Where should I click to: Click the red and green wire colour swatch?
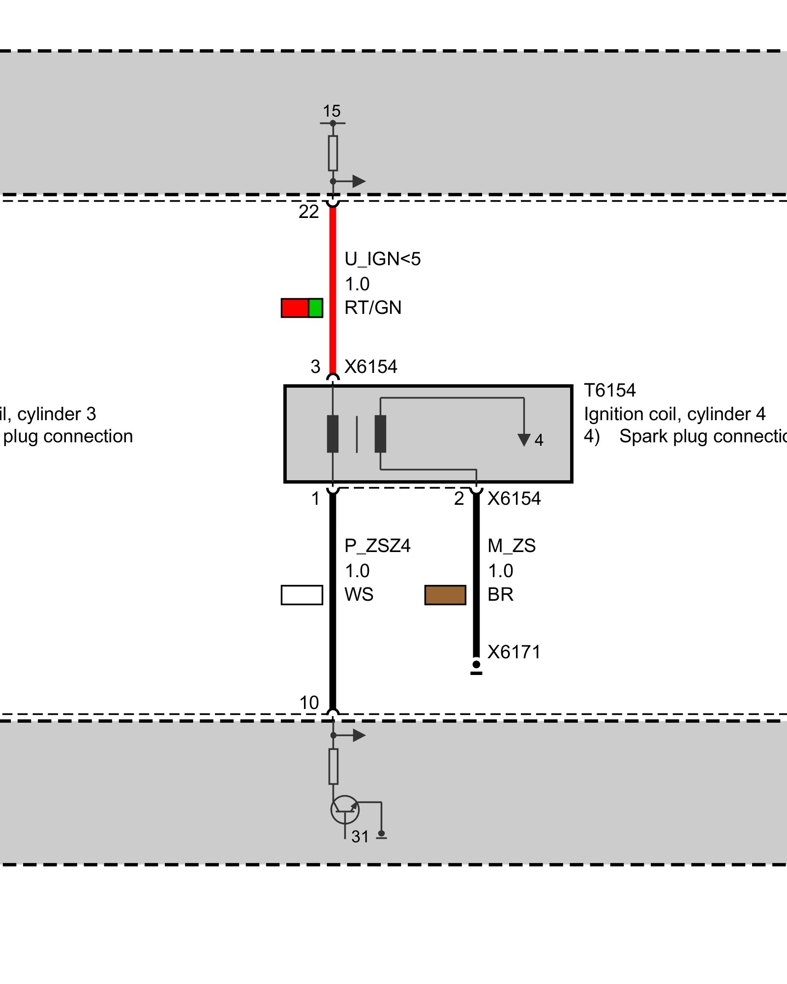302,308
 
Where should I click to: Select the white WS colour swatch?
302,595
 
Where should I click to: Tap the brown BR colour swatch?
445,595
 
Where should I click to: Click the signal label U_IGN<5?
383,259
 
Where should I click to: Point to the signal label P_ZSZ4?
377,546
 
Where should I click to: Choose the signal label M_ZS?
512,546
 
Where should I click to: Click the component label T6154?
610,391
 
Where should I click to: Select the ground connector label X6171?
514,652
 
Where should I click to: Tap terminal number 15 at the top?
332,111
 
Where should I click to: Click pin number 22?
309,212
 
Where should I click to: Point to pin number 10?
309,703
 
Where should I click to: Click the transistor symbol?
345,809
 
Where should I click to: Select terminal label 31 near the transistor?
360,836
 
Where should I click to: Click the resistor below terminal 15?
333,153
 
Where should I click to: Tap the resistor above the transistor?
333,766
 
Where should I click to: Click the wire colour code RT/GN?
373,308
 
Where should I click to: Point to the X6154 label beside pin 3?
370,367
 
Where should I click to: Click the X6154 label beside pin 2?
514,499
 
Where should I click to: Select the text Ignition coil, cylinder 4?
674,414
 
